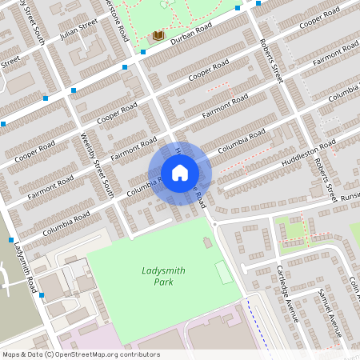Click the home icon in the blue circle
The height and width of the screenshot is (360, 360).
[180, 173]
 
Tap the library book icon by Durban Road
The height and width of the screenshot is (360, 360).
[158, 37]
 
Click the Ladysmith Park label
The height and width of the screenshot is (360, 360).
[163, 276]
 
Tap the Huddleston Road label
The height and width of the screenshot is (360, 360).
[308, 154]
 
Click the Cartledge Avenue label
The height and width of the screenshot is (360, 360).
[287, 291]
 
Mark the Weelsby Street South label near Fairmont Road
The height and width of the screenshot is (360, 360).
[98, 166]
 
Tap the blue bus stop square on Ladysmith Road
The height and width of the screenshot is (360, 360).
[41, 295]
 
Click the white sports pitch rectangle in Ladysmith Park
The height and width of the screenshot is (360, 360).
[225, 273]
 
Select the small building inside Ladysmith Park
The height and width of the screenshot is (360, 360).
[208, 242]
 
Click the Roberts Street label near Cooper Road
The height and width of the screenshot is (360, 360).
[272, 64]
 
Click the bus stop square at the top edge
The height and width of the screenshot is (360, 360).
[258, 2]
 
